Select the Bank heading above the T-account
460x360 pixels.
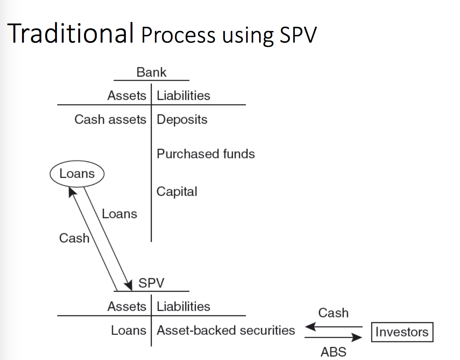click(x=151, y=72)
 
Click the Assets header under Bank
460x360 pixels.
click(x=127, y=96)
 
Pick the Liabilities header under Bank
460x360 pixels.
click(x=183, y=96)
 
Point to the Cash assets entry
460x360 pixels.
click(x=110, y=119)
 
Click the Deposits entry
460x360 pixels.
click(x=182, y=119)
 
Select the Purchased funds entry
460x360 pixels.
click(x=206, y=154)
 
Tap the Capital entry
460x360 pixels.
click(x=177, y=192)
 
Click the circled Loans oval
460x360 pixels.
click(x=77, y=174)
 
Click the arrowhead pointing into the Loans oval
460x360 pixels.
click(x=72, y=191)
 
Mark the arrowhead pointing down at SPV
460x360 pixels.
click(x=128, y=285)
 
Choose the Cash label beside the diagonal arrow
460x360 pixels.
click(x=74, y=238)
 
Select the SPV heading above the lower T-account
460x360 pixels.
click(x=151, y=283)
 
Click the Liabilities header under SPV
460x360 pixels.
click(x=183, y=307)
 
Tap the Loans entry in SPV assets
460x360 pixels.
click(x=128, y=331)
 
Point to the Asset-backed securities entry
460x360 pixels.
click(x=226, y=331)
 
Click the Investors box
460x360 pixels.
click(x=402, y=332)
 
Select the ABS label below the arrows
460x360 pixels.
click(x=333, y=352)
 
